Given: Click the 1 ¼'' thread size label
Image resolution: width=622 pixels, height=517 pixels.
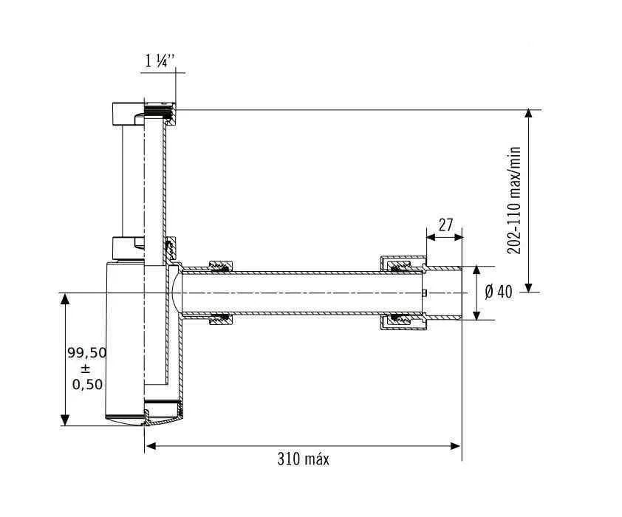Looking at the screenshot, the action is click(x=159, y=61).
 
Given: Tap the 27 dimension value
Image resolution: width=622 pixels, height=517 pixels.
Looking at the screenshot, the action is click(x=445, y=225).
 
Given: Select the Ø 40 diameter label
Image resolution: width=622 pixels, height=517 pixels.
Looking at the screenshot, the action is click(x=499, y=292).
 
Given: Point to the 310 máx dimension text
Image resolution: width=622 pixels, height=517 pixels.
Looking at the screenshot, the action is click(x=303, y=459).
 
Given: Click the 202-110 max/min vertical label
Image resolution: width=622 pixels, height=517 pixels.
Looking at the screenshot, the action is click(x=514, y=200).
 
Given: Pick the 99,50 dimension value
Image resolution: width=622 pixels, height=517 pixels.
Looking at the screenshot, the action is click(x=87, y=352).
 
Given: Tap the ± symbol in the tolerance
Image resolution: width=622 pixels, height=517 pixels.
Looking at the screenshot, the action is click(x=86, y=369).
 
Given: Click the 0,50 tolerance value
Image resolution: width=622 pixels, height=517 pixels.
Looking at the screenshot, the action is click(x=87, y=384).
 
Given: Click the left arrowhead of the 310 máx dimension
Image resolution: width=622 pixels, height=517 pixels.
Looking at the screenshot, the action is click(x=151, y=446).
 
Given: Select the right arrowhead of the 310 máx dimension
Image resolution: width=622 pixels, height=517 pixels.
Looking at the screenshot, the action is click(x=455, y=446).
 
